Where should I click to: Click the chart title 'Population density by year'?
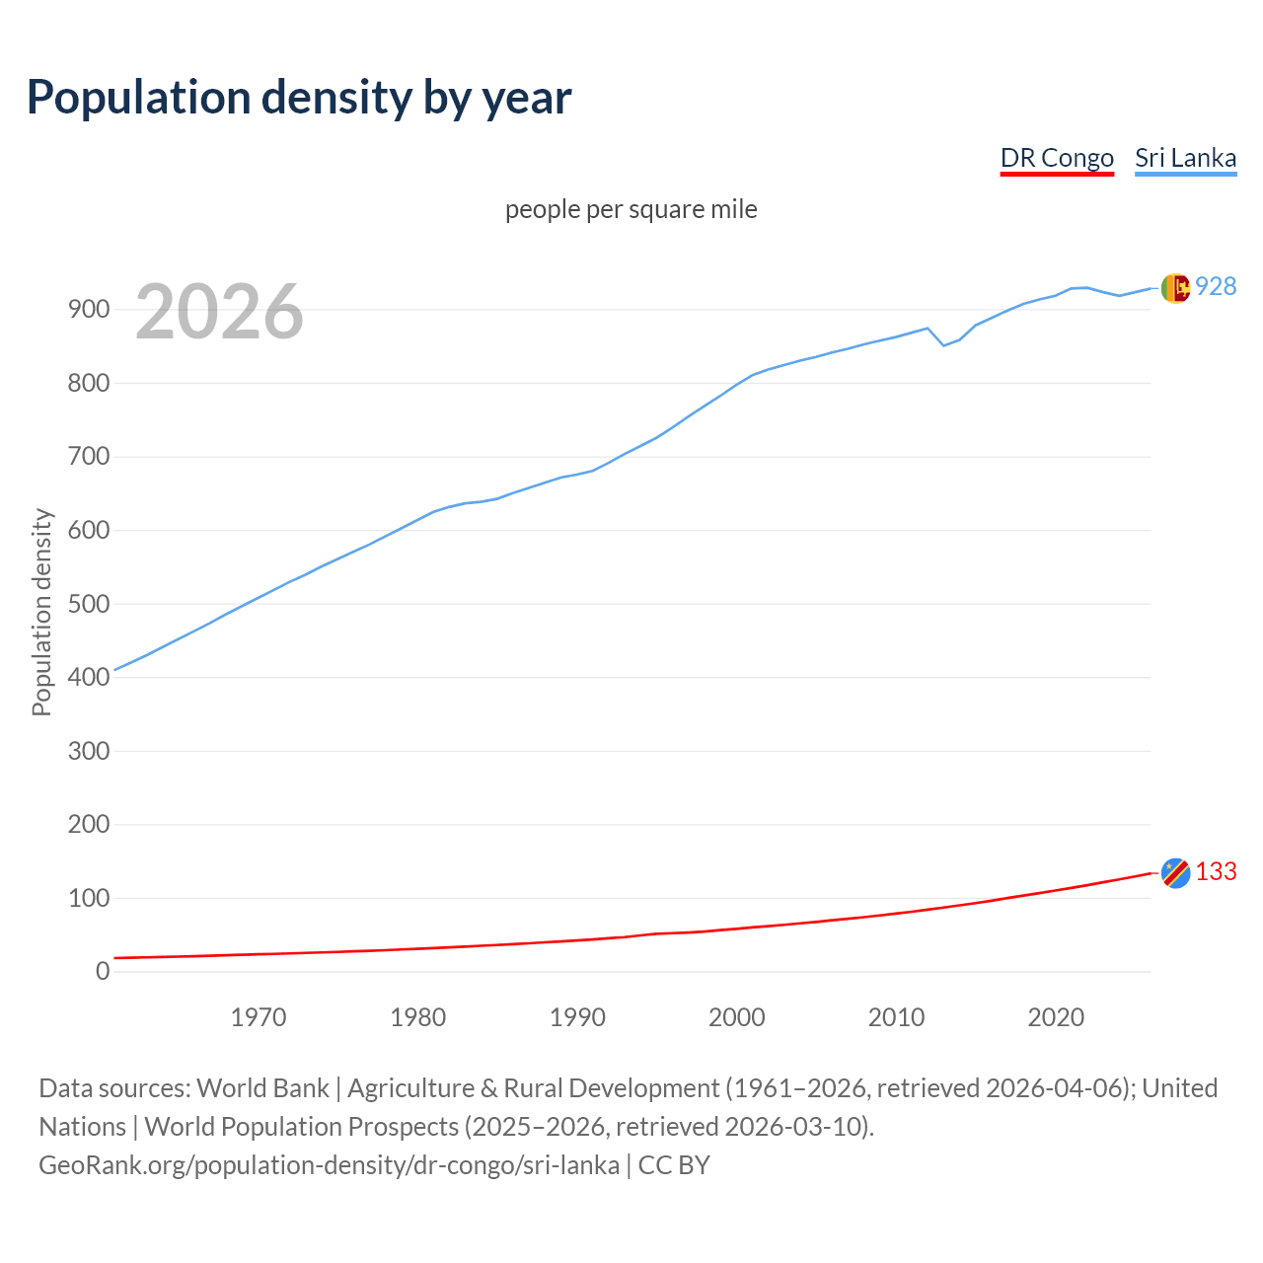(x=299, y=98)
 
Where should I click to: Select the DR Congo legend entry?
(x=1057, y=158)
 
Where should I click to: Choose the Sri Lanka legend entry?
(x=1185, y=158)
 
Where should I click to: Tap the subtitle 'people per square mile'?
(x=631, y=209)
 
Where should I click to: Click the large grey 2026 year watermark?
(x=219, y=312)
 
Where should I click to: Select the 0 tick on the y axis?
(x=103, y=971)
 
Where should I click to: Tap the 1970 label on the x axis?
(x=259, y=1017)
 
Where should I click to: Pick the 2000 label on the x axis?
(x=737, y=1017)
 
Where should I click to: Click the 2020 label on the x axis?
(x=1056, y=1017)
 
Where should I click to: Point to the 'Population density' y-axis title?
(x=41, y=612)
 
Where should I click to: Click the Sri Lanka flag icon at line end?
(x=1175, y=288)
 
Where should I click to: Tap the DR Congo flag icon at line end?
(x=1175, y=873)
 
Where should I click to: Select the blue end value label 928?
(x=1216, y=286)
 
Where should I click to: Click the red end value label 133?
(x=1216, y=872)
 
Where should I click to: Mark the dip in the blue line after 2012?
(x=943, y=345)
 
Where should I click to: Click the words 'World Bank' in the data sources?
(x=262, y=1088)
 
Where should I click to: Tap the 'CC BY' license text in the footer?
(x=674, y=1165)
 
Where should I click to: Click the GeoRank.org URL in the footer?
(x=329, y=1165)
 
